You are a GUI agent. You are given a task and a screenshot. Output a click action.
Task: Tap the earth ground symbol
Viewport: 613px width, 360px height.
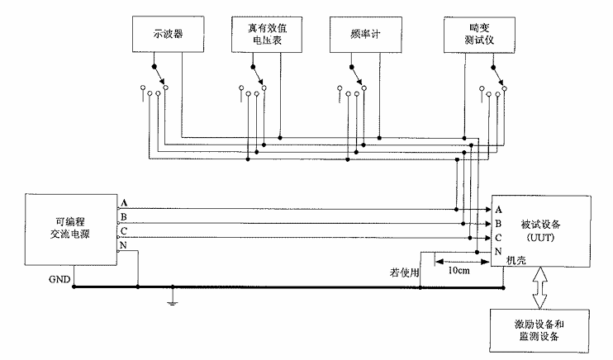[x=172, y=300]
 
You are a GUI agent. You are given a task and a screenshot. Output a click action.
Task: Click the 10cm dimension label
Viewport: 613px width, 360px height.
[x=459, y=269]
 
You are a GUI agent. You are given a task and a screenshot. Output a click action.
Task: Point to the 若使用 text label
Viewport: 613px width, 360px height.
[x=404, y=272]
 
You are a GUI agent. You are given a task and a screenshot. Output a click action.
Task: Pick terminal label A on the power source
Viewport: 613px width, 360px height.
[x=124, y=203]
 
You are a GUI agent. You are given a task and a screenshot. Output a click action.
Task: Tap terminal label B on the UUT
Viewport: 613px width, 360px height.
[x=499, y=223]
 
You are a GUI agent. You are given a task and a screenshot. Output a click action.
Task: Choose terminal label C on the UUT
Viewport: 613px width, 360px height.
[x=499, y=237]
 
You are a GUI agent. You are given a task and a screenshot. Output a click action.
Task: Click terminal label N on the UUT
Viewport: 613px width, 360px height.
[x=499, y=251]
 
